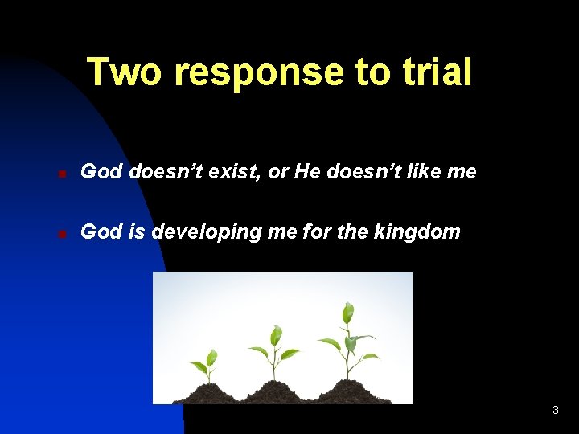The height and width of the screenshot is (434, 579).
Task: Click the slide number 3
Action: pyautogui.click(x=555, y=411)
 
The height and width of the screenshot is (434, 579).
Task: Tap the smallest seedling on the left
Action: pyautogui.click(x=207, y=366)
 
